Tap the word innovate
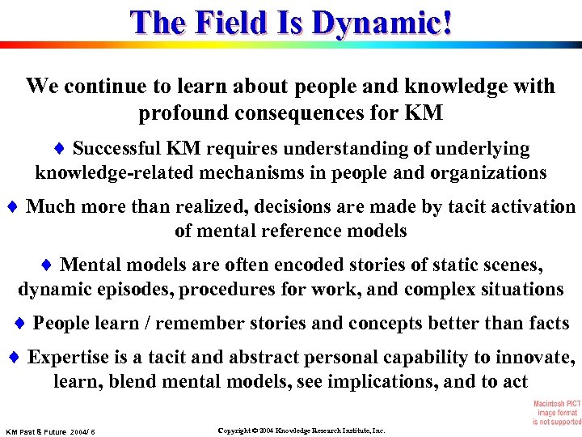(534, 358)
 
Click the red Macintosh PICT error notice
(556, 413)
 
